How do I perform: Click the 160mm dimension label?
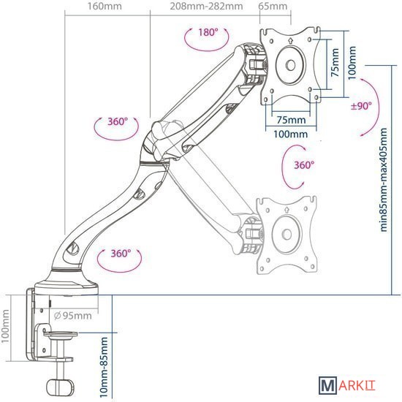[x=105, y=6]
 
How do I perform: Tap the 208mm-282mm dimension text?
[x=206, y=6]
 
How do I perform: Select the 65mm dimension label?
[x=273, y=6]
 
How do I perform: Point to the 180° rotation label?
[x=208, y=33]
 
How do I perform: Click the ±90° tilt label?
[x=361, y=106]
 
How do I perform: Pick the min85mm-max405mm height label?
[x=383, y=180]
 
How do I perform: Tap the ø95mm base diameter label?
[x=73, y=316]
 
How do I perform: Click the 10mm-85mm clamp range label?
[x=104, y=367]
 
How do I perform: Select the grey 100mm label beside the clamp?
[x=5, y=326]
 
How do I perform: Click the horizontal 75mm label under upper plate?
[x=291, y=120]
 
